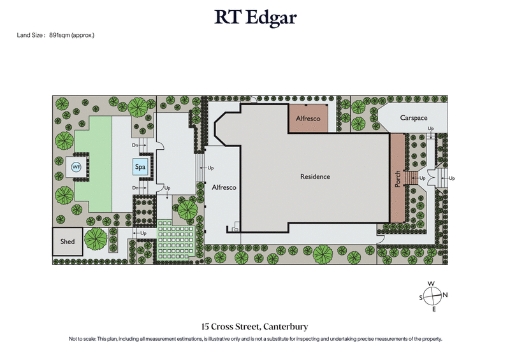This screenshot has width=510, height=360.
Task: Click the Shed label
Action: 68,241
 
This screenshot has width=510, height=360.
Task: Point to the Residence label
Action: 315,176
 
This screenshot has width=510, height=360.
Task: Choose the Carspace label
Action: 413,118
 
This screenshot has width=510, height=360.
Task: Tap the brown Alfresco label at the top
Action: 309,119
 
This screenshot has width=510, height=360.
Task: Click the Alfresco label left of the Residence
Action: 224,188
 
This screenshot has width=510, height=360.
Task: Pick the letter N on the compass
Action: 446,294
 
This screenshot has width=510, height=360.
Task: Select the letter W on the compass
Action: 432,284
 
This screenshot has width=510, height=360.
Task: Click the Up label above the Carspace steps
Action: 430,129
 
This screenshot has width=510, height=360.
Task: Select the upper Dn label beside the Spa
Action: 135,146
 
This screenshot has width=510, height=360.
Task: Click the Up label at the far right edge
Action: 451,178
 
